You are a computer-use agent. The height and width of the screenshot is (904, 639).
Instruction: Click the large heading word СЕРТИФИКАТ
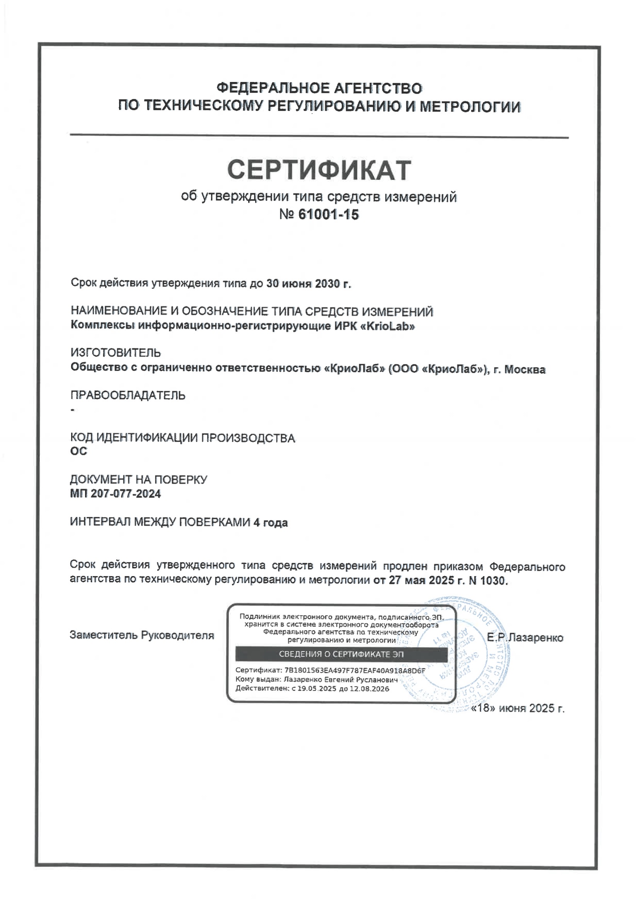[x=319, y=170]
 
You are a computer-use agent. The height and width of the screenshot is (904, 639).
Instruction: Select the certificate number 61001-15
[x=328, y=215]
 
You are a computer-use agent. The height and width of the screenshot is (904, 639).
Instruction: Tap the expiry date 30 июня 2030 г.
[x=308, y=283]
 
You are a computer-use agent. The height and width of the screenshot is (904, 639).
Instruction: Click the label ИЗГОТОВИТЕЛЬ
[x=115, y=352]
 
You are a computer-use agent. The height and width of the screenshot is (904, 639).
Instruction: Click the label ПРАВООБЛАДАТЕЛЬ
[x=128, y=395]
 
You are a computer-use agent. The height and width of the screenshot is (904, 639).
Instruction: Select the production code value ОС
[x=78, y=451]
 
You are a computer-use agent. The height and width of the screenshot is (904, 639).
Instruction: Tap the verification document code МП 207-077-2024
[x=115, y=494]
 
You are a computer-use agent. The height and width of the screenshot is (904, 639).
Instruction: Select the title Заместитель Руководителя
[x=142, y=635]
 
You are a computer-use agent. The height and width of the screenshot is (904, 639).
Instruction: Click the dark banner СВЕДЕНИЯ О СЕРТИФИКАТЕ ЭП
[x=341, y=654]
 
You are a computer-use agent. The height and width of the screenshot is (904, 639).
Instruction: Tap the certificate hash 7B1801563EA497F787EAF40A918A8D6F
[x=354, y=670]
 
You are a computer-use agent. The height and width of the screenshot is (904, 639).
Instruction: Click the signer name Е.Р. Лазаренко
[x=525, y=638]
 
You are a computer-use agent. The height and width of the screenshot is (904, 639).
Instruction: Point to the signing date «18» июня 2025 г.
[x=518, y=708]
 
